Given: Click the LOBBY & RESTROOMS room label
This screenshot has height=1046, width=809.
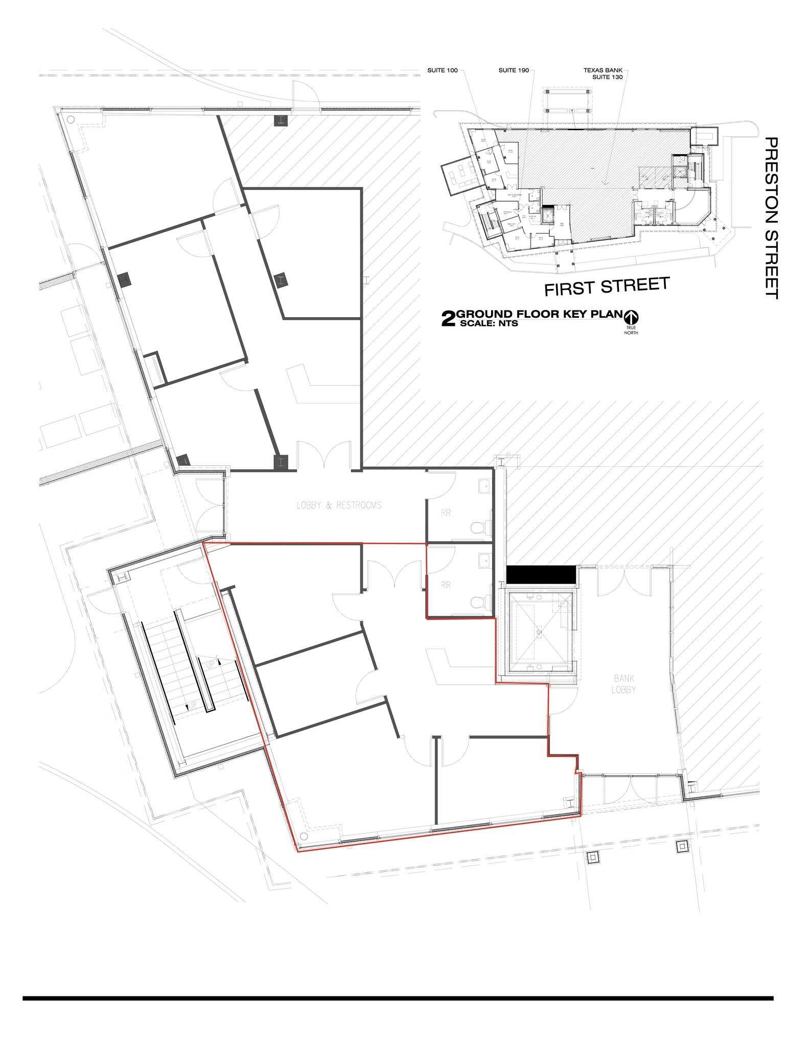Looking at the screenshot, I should tap(339, 505).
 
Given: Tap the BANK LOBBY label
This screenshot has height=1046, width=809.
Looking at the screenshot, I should tap(625, 684).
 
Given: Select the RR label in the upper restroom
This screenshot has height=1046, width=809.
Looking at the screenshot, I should tap(446, 513).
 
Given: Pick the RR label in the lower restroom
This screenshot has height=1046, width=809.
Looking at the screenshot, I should tap(446, 585).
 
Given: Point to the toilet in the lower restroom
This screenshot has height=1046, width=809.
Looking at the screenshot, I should tap(478, 603).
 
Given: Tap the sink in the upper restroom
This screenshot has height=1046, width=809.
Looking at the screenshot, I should tap(484, 486).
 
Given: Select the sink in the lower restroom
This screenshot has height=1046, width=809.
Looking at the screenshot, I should tap(484, 560).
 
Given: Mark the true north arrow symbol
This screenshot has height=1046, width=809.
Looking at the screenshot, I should tap(631, 317).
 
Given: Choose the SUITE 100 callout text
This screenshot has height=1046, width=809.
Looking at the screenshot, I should tap(443, 70).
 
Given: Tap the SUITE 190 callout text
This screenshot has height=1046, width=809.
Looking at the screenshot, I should tap(514, 70).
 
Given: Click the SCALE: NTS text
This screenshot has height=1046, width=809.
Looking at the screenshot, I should tap(489, 324).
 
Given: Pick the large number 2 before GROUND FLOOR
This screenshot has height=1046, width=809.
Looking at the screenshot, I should tap(448, 319).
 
